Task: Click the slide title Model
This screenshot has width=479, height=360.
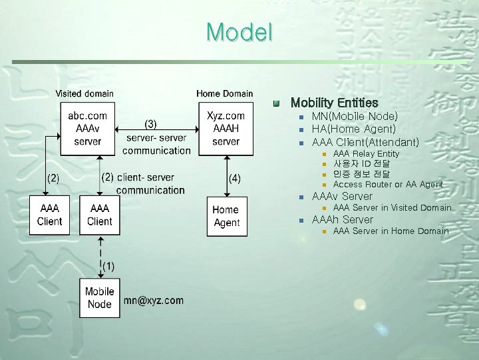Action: pos(239,31)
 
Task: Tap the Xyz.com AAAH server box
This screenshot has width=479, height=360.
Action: pos(226,129)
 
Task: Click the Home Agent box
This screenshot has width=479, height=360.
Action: pos(227,217)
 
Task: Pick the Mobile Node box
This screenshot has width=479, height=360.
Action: pos(100,297)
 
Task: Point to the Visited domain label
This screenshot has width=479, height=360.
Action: pos(84,94)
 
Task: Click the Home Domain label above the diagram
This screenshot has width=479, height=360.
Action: pos(225,94)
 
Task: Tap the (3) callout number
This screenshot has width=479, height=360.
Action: pos(151,123)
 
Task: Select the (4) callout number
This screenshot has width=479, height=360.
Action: pos(235,178)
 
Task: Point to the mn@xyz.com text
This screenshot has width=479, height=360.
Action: pos(154,301)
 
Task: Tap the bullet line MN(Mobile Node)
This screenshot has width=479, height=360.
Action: pos(355,117)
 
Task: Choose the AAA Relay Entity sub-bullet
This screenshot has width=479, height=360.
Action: pos(366,154)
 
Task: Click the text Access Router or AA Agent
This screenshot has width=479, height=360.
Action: pos(388,184)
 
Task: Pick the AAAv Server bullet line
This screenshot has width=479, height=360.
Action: pos(342,196)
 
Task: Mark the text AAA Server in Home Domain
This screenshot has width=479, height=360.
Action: pos(391,231)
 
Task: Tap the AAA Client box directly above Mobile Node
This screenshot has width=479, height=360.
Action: pos(100,215)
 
